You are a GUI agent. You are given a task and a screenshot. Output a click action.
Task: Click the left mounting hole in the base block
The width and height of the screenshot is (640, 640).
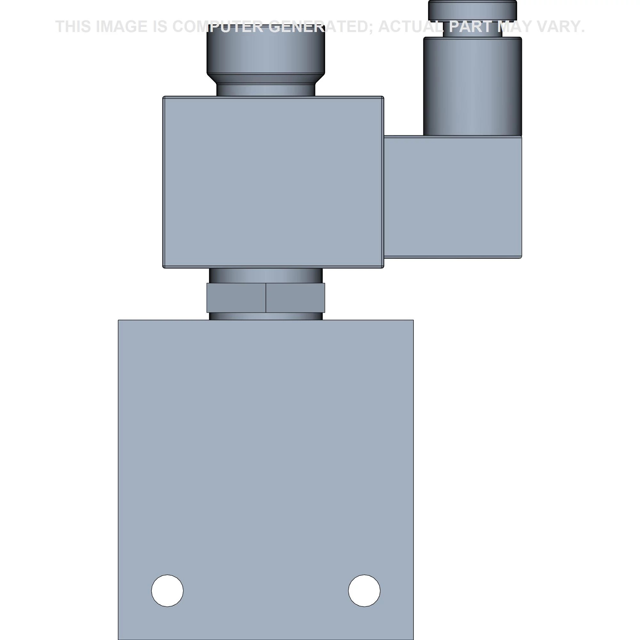(167, 591)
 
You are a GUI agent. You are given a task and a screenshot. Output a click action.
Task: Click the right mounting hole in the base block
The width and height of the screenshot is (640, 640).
(364, 591)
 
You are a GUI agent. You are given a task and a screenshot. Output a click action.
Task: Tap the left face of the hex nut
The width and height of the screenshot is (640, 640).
(236, 298)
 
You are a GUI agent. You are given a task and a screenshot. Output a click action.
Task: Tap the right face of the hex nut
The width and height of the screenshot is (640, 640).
(295, 298)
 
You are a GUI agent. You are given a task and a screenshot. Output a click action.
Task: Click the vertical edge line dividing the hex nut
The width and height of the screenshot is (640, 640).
(266, 298)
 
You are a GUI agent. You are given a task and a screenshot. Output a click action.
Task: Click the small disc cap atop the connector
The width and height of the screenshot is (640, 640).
(472, 10)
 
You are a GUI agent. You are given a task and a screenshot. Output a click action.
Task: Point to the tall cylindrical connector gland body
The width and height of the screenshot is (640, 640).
(472, 86)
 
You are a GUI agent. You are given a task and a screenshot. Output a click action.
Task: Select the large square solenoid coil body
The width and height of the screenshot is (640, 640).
(273, 182)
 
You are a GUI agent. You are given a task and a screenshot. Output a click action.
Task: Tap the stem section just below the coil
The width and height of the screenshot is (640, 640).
(266, 275)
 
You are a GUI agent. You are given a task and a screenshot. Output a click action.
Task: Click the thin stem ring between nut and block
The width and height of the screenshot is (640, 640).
(266, 316)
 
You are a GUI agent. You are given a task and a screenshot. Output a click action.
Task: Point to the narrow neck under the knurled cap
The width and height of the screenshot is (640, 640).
(266, 90)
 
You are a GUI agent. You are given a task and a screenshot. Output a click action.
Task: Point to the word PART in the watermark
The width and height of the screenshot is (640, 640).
(471, 27)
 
